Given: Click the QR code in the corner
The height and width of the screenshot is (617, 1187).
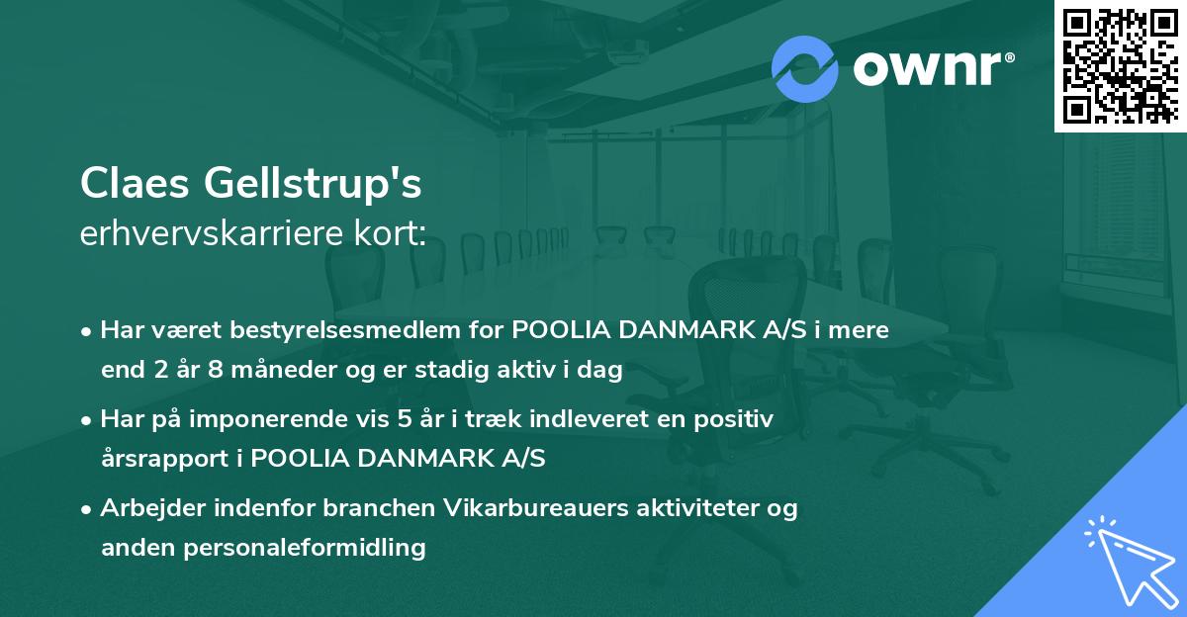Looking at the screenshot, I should (1120, 65).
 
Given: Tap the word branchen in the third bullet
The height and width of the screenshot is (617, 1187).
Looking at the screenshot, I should (354, 509).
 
